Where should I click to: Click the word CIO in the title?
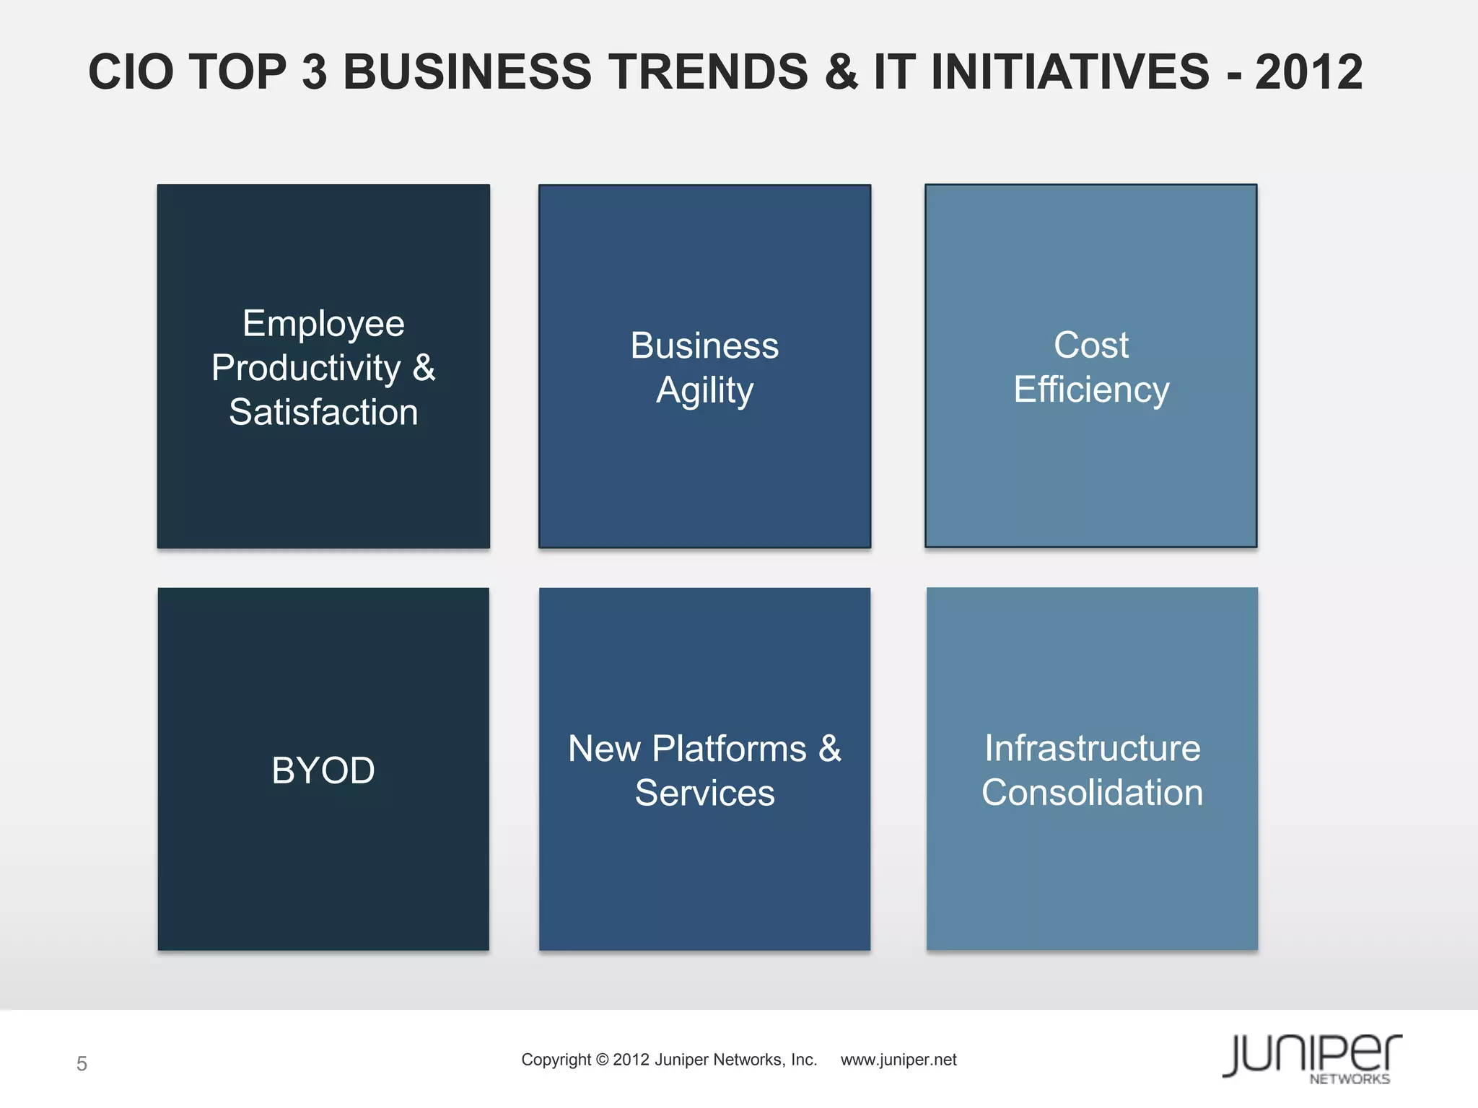131,72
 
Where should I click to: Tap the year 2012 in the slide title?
1308,72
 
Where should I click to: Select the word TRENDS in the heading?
708,72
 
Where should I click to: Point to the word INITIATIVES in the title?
1070,72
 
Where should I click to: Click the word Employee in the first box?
323,323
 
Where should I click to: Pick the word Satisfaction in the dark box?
323,412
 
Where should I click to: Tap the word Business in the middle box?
704,346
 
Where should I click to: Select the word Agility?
704,391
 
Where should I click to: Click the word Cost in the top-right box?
1090,345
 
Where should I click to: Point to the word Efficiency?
1090,390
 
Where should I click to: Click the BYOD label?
323,770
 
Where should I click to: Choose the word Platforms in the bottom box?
729,749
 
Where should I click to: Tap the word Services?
704,793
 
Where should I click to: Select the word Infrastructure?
1092,748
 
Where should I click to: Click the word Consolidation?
1092,793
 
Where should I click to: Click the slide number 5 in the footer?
82,1063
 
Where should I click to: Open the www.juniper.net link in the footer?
898,1060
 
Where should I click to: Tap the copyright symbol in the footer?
602,1060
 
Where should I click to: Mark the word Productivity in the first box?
306,368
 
